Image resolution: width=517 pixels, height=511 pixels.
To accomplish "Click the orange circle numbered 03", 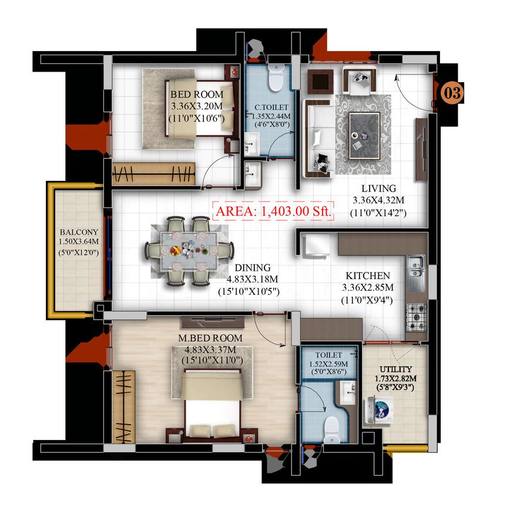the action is click(452, 93).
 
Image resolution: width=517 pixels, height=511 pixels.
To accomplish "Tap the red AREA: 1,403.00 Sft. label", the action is click(273, 211).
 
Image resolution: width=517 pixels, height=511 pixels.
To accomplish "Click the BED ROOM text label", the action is click(197, 95).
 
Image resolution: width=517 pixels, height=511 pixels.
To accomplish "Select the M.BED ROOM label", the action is click(210, 338).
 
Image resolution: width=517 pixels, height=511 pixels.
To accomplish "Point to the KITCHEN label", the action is click(368, 275).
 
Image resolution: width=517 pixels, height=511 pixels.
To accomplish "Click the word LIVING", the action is click(379, 189).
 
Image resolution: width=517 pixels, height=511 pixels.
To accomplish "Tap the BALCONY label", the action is click(79, 232).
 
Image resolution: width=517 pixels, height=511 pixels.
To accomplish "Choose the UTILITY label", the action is click(395, 369).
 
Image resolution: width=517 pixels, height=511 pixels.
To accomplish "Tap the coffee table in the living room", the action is click(364, 136).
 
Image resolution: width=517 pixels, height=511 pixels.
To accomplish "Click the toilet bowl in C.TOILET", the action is click(276, 78).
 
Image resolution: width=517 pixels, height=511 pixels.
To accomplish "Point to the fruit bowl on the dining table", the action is click(175, 251).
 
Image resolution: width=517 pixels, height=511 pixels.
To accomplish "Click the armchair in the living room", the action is click(360, 80).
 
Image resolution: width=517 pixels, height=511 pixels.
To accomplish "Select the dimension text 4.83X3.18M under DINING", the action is click(252, 279).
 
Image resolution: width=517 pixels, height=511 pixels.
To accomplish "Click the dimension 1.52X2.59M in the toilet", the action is click(328, 364).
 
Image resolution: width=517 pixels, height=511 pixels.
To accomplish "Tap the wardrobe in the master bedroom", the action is click(123, 407).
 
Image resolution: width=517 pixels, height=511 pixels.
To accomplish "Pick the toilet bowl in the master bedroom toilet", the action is click(331, 430).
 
